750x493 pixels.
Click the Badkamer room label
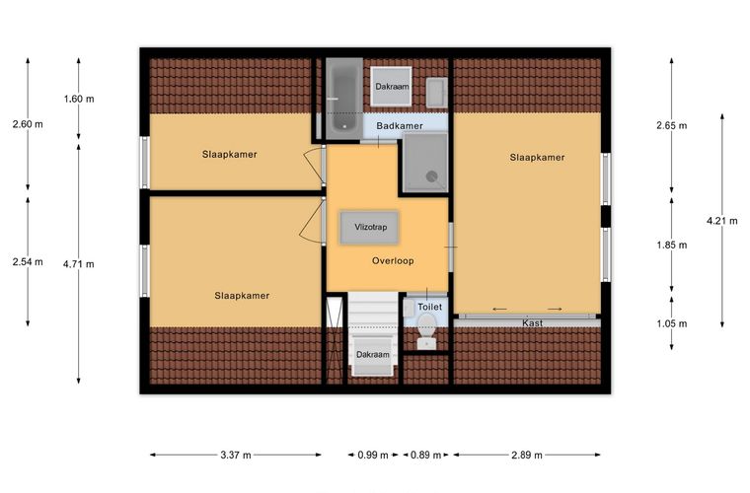coord(400,126)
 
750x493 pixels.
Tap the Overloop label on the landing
coord(393,261)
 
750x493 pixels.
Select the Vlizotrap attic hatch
coord(370,228)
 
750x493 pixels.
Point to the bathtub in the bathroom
coord(343,99)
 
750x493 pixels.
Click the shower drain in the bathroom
coord(432,176)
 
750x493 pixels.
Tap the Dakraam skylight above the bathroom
coord(391,87)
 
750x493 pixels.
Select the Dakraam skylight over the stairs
coord(373,355)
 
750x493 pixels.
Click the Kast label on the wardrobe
coord(532,323)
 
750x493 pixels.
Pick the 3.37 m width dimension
coord(236,455)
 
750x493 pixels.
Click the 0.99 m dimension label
coord(373,455)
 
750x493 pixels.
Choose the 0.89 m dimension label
coord(425,455)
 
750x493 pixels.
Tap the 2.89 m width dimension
coord(527,455)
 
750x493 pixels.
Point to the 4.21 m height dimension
coord(722,221)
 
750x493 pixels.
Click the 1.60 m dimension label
coord(79,99)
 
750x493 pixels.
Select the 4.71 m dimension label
coord(79,263)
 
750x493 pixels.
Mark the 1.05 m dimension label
coord(672,323)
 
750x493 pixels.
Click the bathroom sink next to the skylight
coord(437,93)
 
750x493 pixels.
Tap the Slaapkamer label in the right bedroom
coord(537,157)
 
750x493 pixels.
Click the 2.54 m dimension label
coord(28,262)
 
